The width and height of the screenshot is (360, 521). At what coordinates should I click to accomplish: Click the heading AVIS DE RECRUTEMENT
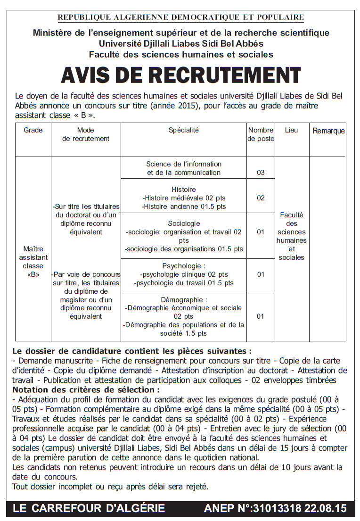click(180, 75)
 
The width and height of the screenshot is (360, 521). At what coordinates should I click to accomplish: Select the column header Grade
click(33, 130)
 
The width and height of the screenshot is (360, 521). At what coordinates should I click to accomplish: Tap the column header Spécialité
click(184, 130)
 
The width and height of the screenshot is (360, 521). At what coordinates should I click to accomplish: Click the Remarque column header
click(328, 131)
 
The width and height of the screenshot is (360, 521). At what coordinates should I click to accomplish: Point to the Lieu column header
click(291, 130)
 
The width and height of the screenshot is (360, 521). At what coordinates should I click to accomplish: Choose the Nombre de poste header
click(261, 134)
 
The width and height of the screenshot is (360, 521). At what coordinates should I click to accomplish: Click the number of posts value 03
click(261, 173)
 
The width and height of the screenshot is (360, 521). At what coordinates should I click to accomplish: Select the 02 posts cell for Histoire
click(261, 198)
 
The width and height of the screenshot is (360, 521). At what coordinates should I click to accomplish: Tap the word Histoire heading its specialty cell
click(184, 190)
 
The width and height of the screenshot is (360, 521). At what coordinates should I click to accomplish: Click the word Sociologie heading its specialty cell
click(184, 223)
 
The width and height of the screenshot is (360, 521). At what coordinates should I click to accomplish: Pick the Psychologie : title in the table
click(184, 266)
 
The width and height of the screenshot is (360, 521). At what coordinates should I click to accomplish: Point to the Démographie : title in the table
click(184, 300)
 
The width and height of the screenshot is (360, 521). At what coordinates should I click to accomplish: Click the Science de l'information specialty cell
click(184, 168)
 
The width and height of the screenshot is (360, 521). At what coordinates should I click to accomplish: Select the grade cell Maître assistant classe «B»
click(33, 262)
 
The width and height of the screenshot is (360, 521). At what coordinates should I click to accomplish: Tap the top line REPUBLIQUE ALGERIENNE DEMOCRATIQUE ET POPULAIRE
click(180, 18)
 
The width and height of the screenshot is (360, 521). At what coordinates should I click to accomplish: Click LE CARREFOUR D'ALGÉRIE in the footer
click(89, 508)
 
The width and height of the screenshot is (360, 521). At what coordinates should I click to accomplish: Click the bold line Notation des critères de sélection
click(86, 390)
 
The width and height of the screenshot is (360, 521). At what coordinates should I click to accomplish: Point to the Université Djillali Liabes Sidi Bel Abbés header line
click(180, 44)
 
